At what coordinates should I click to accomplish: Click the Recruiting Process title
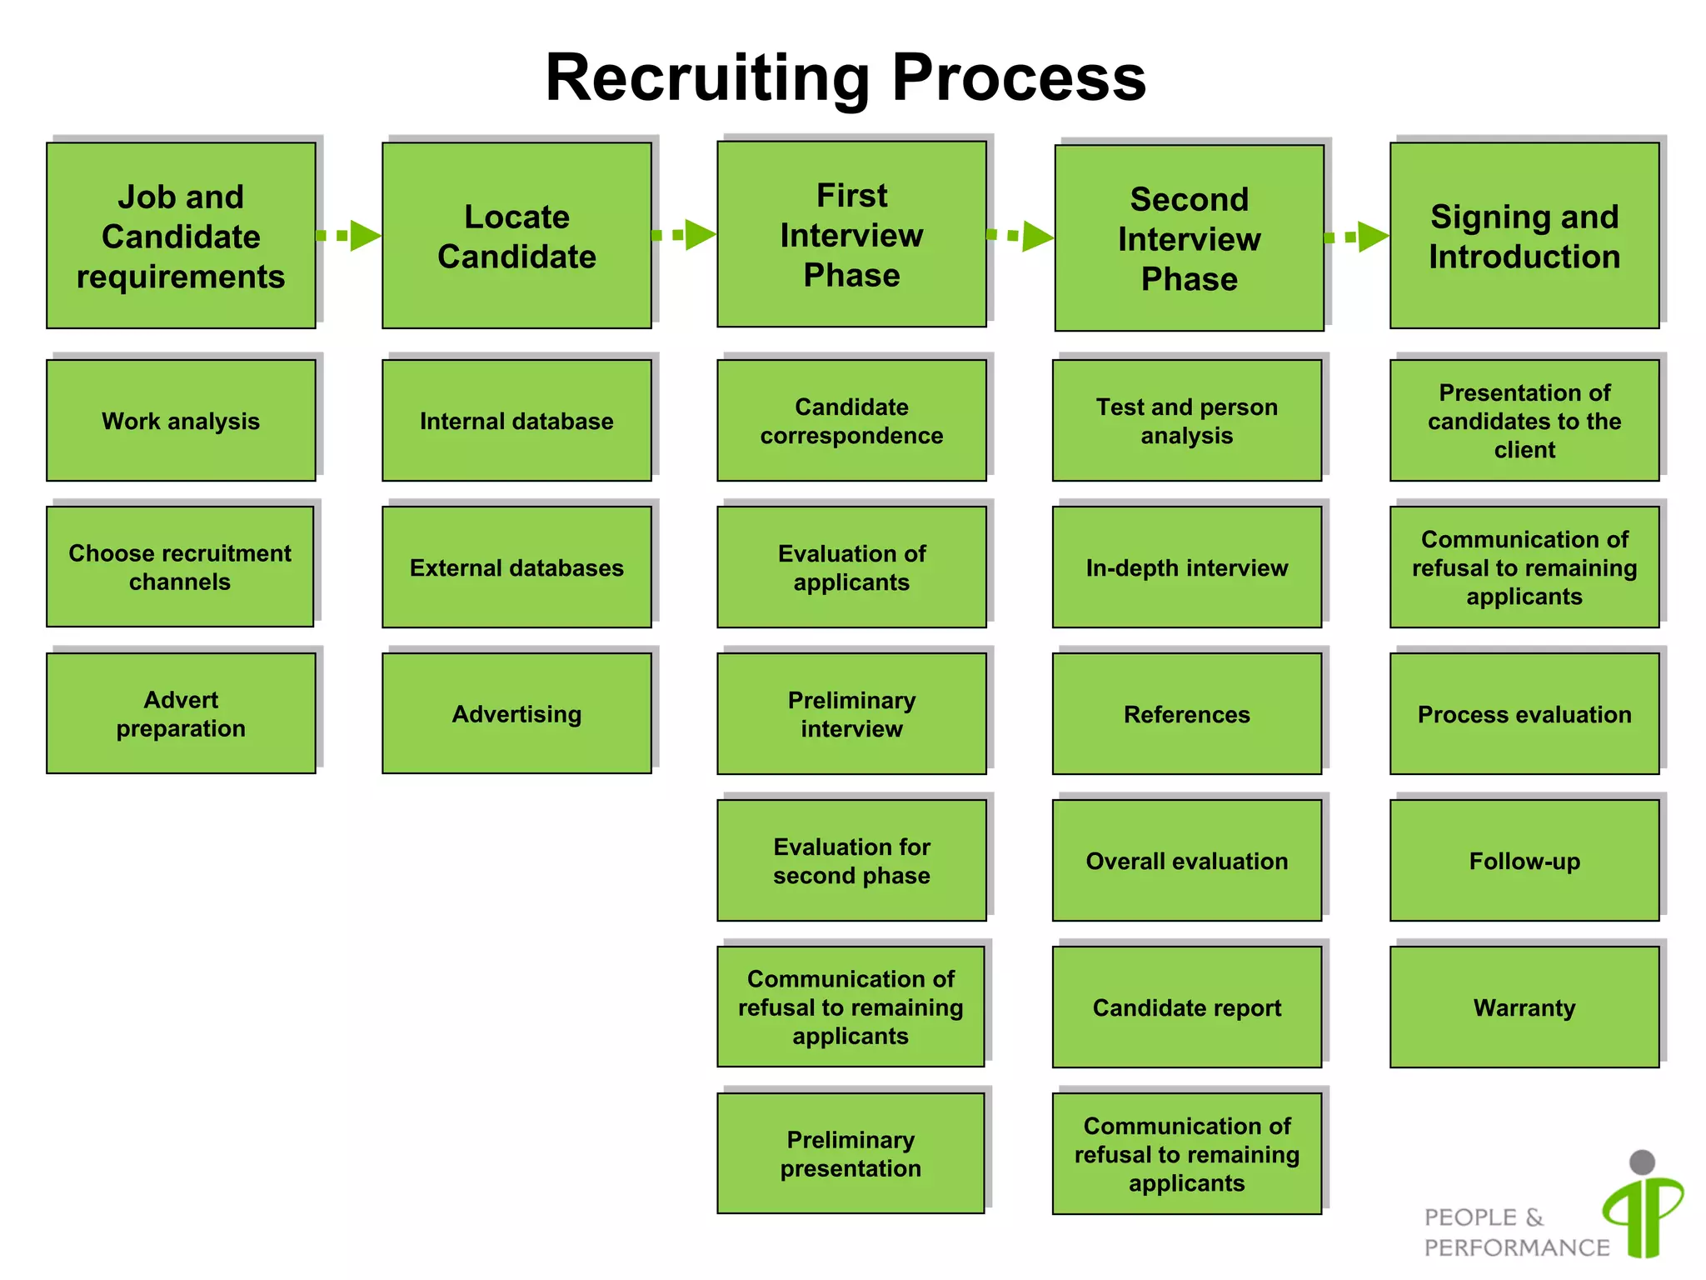846,77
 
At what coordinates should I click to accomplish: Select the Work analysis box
181,421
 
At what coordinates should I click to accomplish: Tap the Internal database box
516,421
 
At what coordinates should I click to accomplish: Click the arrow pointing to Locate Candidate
350,236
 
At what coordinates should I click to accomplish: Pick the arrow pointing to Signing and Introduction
1358,237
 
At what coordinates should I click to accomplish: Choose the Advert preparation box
181,714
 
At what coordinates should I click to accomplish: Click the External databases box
516,567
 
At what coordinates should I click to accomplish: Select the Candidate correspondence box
851,421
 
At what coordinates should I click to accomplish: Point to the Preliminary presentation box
851,1154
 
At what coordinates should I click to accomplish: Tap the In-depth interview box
1187,567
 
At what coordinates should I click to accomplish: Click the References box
1187,714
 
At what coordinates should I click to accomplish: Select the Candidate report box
1187,1007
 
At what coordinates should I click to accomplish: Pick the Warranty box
1524,1007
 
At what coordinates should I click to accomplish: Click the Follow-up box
1524,861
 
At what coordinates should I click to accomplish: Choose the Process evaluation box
1524,714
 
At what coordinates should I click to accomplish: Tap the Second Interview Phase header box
1189,239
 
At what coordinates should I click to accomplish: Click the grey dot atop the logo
1642,1162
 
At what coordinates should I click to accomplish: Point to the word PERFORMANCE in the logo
1516,1247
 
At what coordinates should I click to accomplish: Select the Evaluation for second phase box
851,861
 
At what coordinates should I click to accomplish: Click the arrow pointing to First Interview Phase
686,235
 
